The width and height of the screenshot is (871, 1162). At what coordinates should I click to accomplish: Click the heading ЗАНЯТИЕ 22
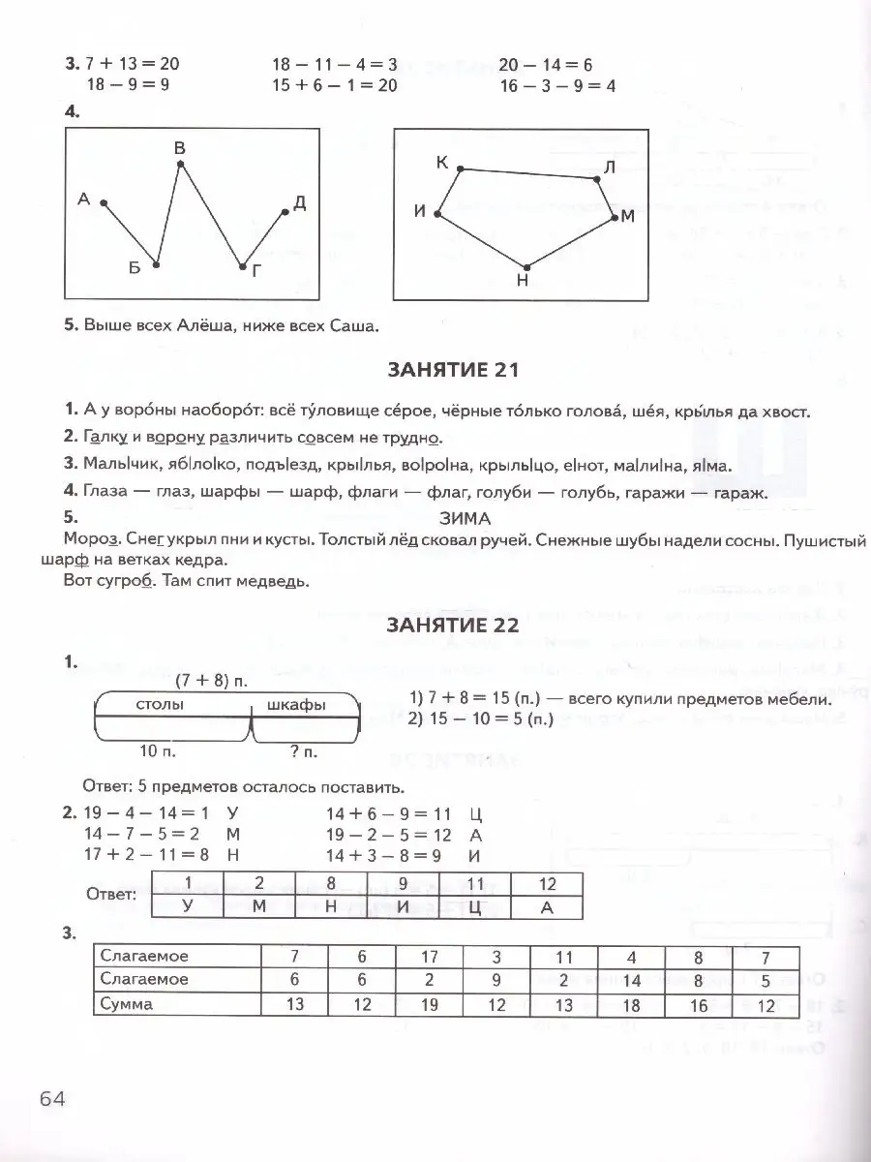pyautogui.click(x=454, y=626)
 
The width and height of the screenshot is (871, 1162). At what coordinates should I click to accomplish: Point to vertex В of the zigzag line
pyautogui.click(x=180, y=166)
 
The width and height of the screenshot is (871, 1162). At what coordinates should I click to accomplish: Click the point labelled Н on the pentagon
pyautogui.click(x=526, y=266)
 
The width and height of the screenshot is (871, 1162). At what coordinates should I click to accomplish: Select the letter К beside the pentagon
pyautogui.click(x=442, y=163)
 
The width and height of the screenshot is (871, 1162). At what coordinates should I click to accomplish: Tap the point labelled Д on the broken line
pyautogui.click(x=285, y=211)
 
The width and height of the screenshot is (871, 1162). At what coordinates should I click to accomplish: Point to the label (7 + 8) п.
pyautogui.click(x=212, y=681)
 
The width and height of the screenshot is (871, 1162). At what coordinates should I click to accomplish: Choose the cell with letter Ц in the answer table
pyautogui.click(x=474, y=907)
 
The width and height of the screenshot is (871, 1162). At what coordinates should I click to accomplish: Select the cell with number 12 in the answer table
pyautogui.click(x=547, y=884)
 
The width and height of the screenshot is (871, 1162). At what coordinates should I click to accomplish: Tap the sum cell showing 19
pyautogui.click(x=430, y=1004)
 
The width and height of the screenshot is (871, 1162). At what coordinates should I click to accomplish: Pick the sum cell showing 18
pyautogui.click(x=631, y=1004)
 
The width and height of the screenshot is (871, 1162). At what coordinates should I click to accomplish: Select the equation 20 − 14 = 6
pyautogui.click(x=546, y=65)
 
